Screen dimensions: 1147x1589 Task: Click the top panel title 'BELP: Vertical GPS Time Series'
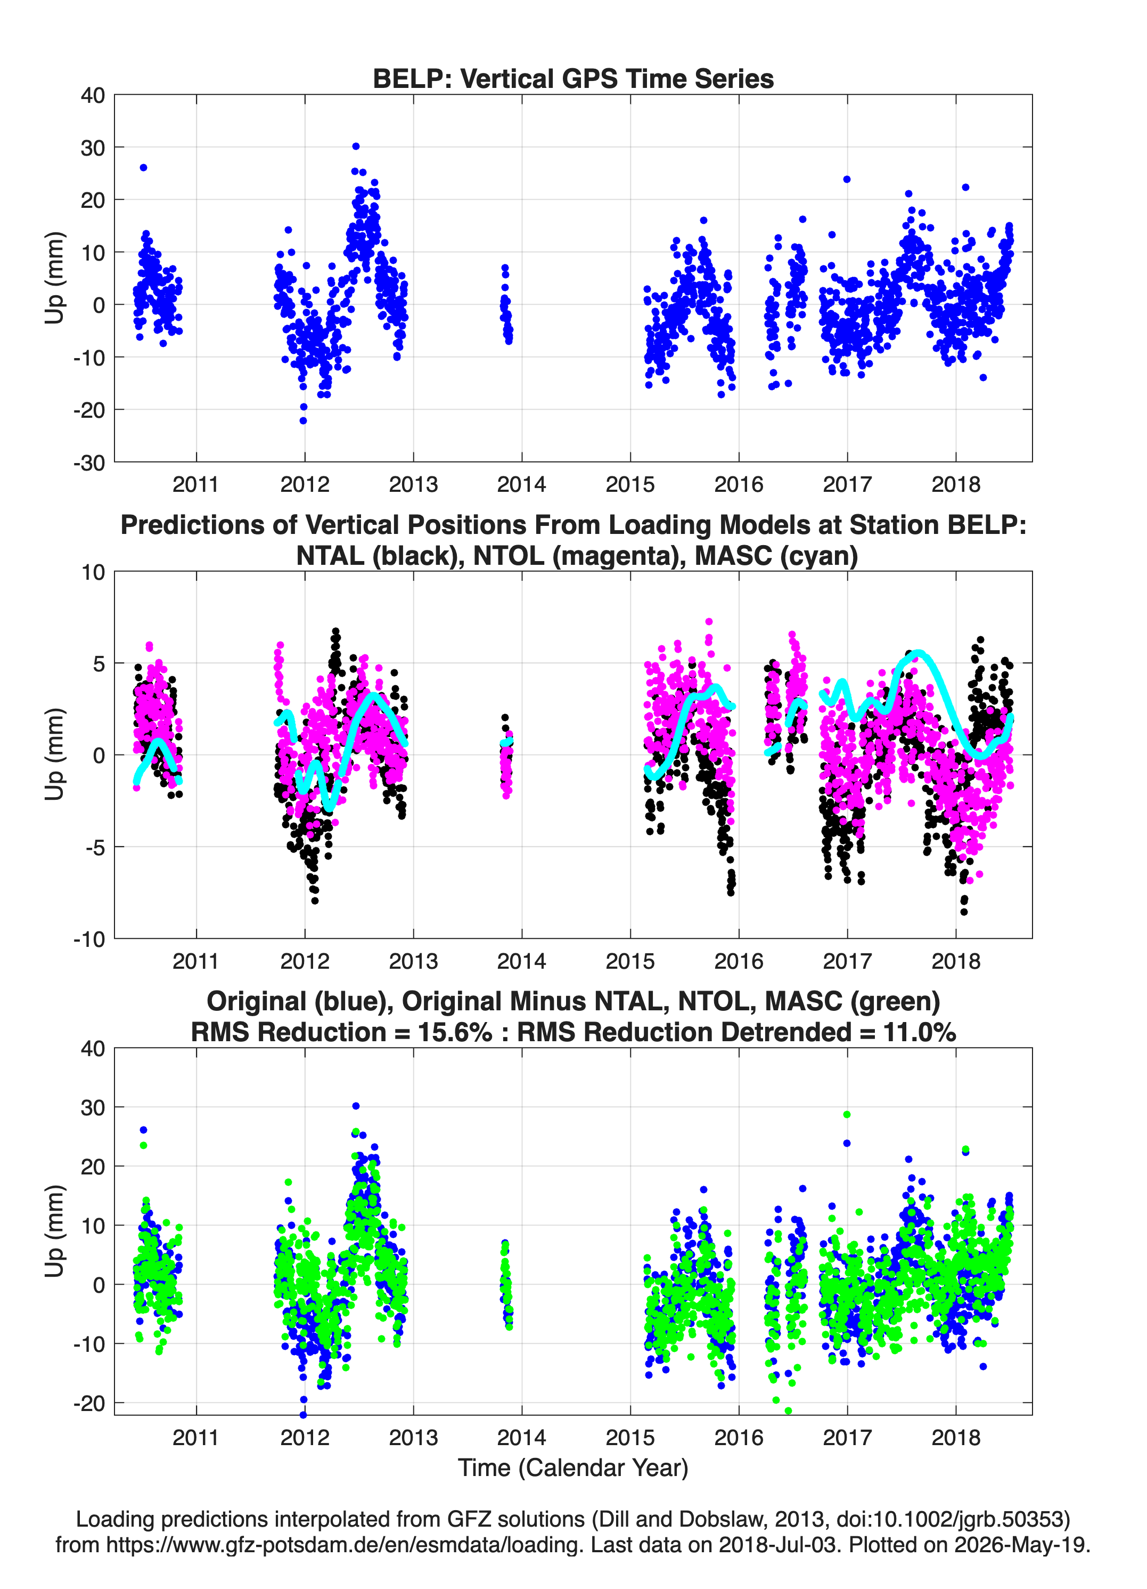[573, 78]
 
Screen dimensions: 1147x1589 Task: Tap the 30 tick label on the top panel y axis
[93, 148]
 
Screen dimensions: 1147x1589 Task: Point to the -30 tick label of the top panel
[89, 463]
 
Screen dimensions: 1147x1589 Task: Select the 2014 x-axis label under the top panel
[522, 484]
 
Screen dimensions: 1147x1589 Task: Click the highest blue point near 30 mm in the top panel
[356, 147]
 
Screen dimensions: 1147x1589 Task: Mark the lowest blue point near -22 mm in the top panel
[303, 420]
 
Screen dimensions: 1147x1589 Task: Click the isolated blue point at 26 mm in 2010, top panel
[144, 167]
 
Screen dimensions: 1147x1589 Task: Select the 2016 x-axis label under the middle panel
[739, 961]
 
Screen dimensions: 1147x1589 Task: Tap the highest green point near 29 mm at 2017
[847, 1114]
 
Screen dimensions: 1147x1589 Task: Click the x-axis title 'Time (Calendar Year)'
[573, 1468]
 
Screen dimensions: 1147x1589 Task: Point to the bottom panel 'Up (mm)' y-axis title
[55, 1231]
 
